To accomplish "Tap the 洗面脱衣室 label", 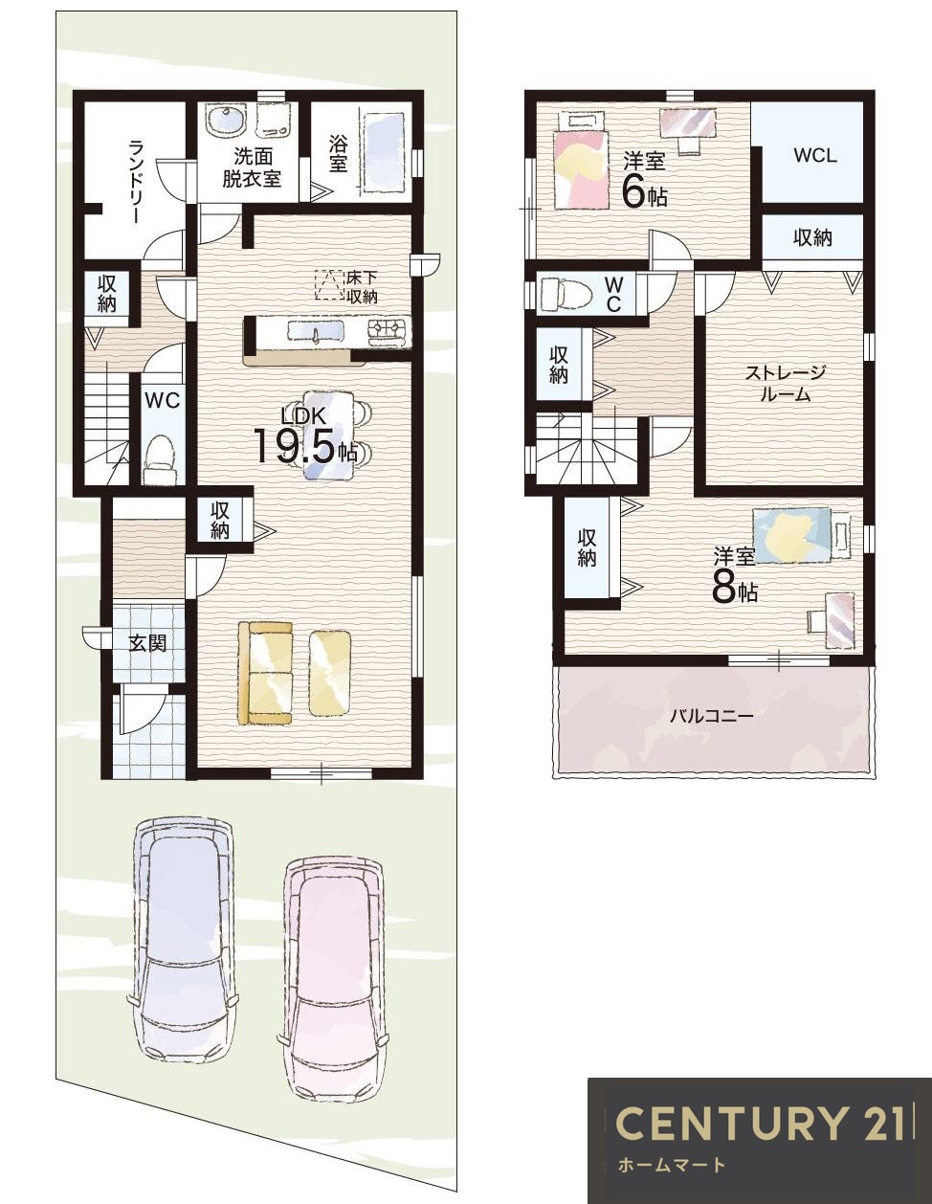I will point(252,167).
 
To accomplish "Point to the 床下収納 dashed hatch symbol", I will point(330,285).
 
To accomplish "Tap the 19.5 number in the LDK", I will point(293,446).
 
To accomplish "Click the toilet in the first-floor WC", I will point(160,458).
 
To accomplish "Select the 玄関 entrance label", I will point(147,642).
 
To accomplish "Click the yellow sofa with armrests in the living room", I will point(266,673).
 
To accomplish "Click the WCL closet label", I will point(814,155).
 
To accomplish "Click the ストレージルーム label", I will point(785,383).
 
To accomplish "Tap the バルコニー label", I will point(711,715).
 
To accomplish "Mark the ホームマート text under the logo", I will point(672,1166).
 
